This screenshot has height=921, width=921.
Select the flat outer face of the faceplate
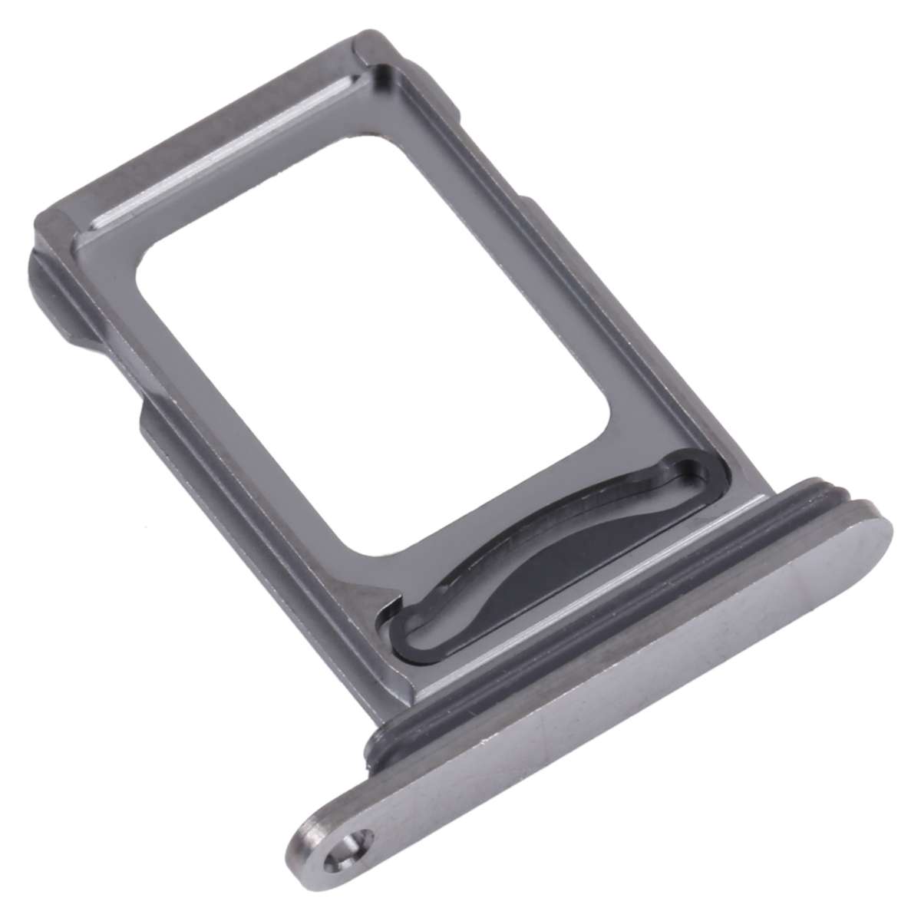coord(614,675)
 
